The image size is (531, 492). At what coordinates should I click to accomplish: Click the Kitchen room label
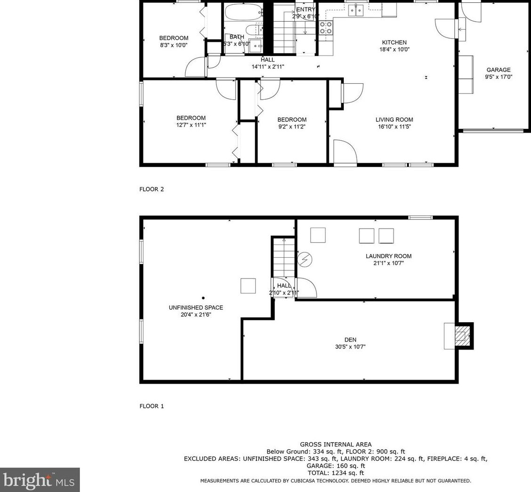(x=394, y=42)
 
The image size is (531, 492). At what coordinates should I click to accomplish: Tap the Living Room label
(x=394, y=119)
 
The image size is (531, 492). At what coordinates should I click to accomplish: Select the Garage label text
(x=499, y=70)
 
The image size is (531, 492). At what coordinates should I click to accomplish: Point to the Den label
(x=350, y=340)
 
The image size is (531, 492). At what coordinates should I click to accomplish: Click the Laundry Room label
(x=388, y=256)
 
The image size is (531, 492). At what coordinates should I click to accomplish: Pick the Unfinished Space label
(x=196, y=308)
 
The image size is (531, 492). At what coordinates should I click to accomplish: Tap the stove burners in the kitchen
(x=326, y=28)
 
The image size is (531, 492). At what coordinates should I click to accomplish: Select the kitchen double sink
(x=356, y=10)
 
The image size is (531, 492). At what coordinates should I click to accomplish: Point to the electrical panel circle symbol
(x=305, y=260)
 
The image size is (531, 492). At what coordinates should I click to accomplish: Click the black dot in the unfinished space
(x=203, y=298)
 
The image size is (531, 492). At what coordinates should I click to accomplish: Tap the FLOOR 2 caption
(x=151, y=189)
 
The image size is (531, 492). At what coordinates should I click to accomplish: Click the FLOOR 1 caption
(x=151, y=406)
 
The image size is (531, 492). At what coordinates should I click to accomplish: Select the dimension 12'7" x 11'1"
(x=191, y=125)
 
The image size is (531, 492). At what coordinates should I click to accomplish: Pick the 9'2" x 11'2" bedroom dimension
(x=292, y=127)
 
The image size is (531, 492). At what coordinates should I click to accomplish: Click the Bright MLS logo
(x=40, y=480)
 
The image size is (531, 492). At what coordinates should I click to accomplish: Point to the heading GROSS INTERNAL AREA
(x=336, y=444)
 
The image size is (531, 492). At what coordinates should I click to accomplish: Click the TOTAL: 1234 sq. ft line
(x=336, y=473)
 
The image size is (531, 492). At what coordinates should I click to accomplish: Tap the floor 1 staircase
(x=284, y=257)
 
